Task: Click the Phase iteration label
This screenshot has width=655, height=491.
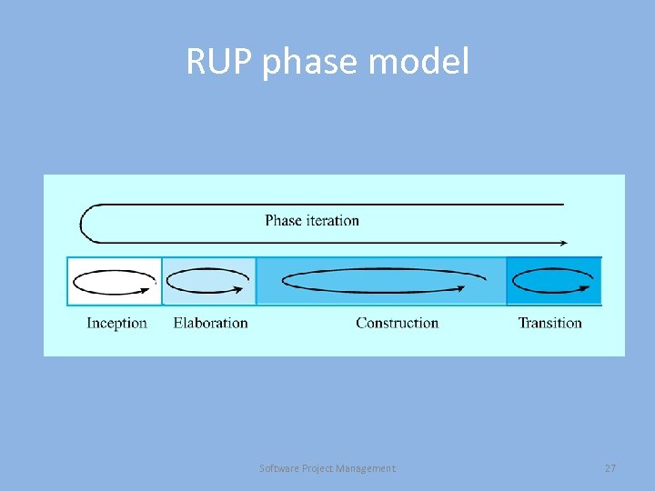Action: [x=312, y=220]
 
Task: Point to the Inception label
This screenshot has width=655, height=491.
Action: [x=116, y=323]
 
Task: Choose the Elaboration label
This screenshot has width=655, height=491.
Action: [x=210, y=323]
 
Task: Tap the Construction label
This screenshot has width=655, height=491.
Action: [x=397, y=323]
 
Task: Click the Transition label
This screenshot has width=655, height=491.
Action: [x=550, y=323]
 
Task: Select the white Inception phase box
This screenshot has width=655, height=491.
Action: [x=115, y=281]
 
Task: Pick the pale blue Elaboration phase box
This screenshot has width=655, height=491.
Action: [x=209, y=281]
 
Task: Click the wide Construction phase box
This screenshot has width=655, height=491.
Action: [x=381, y=281]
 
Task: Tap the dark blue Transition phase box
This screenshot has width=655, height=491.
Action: [x=553, y=281]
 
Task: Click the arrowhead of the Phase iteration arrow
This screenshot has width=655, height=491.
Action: [x=563, y=243]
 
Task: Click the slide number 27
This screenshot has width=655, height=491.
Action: [x=610, y=468]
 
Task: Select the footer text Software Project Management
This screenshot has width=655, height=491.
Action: [x=327, y=468]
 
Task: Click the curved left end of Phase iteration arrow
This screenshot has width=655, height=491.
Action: [x=82, y=223]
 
